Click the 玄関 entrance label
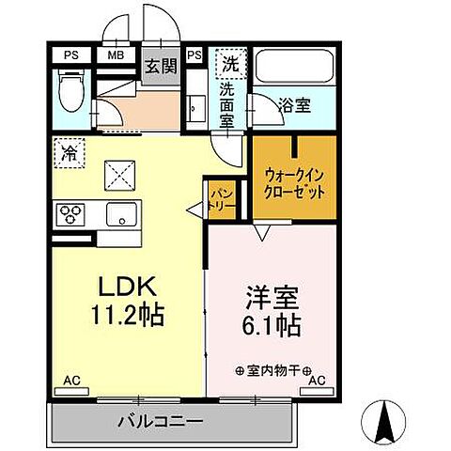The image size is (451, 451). click(x=161, y=66)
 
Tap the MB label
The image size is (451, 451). click(x=116, y=54)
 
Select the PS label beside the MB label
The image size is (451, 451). click(x=70, y=54)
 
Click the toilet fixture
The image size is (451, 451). click(x=68, y=93)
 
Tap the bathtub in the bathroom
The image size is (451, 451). click(x=293, y=70)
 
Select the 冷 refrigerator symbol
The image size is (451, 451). click(x=68, y=148)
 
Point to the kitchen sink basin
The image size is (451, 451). click(x=121, y=214)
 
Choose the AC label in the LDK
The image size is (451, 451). click(x=70, y=381)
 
